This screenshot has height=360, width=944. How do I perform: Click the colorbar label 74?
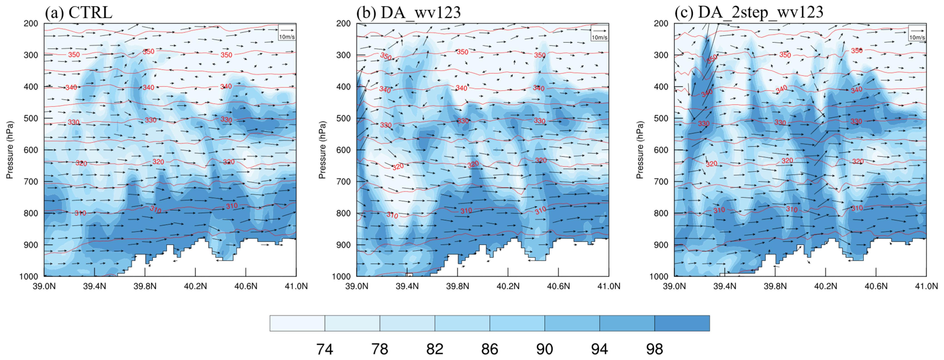click(325, 349)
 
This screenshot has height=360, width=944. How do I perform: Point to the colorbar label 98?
click(654, 349)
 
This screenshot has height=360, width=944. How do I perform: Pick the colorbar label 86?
click(490, 349)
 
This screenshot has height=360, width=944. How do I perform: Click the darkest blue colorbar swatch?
click(682, 323)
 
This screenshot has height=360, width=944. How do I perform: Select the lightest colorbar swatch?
click(297, 323)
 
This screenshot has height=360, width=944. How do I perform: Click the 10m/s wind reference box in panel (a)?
click(287, 32)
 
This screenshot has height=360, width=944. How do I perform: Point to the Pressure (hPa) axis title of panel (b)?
click(322, 150)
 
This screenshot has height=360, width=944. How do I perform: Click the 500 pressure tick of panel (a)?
click(31, 118)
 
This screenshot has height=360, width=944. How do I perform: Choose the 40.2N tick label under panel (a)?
click(195, 286)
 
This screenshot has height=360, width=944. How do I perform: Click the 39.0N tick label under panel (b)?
click(356, 286)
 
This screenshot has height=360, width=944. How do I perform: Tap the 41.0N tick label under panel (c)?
click(926, 286)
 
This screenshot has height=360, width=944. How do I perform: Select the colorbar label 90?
click(545, 349)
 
